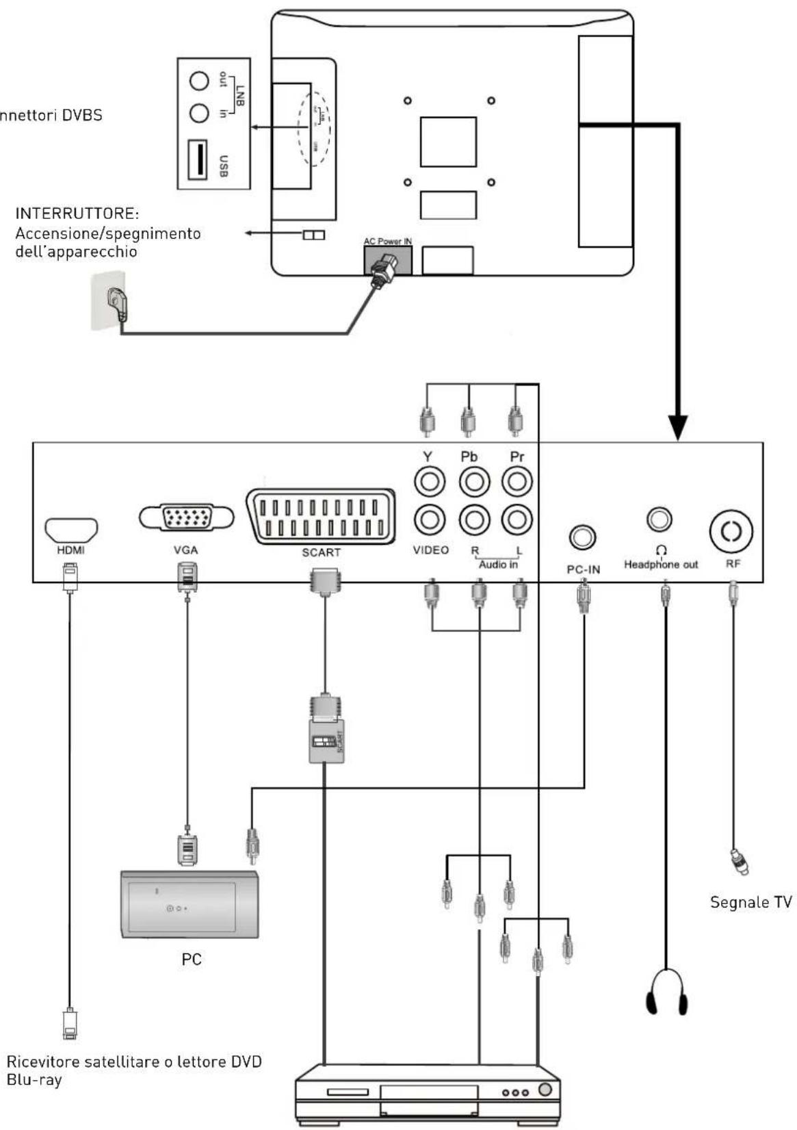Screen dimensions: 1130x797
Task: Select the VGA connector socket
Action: click(x=186, y=518)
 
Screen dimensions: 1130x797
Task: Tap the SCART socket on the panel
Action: click(x=321, y=517)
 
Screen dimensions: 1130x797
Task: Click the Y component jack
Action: click(x=430, y=482)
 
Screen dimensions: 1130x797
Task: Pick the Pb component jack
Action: click(x=473, y=482)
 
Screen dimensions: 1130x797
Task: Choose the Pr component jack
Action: click(x=517, y=482)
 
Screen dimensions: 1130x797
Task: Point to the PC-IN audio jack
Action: click(x=582, y=538)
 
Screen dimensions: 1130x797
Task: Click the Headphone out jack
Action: click(x=659, y=519)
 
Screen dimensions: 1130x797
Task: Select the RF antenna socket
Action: click(x=731, y=530)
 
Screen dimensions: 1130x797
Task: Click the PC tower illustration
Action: click(x=190, y=904)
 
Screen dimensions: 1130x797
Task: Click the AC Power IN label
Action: click(x=388, y=242)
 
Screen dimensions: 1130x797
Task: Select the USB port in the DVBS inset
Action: click(x=198, y=160)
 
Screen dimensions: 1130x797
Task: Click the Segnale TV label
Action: click(x=751, y=902)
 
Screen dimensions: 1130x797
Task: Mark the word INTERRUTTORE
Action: click(x=77, y=214)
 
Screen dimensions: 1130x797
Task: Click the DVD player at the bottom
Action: click(x=428, y=1093)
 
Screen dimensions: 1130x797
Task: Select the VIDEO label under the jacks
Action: click(x=431, y=550)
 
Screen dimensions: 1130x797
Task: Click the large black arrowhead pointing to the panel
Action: click(x=678, y=428)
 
